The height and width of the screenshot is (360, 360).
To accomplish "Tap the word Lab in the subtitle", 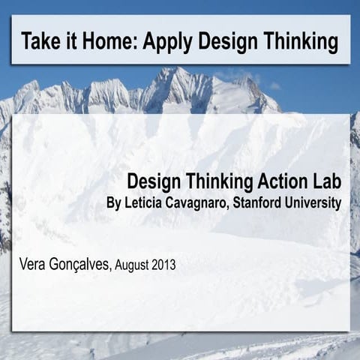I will [x=324, y=181].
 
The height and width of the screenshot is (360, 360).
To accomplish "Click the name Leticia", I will [x=145, y=203].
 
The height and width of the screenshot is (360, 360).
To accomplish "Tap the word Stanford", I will [x=264, y=203].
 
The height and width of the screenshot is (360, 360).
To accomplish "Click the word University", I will [x=315, y=203].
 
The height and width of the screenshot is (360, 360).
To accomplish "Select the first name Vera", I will [x=34, y=264].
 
